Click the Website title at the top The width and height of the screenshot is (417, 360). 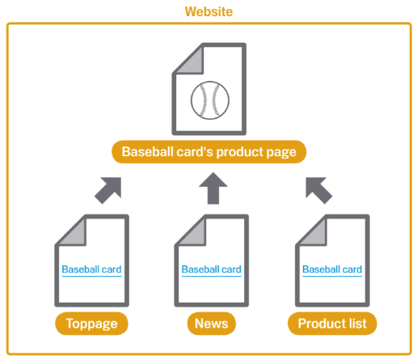point(208,11)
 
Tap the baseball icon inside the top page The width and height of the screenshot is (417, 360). point(210,100)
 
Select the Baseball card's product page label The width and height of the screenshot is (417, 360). point(209,152)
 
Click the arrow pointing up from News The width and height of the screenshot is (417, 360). point(213,188)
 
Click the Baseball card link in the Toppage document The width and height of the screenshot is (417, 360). point(91,269)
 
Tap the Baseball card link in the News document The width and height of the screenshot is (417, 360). point(212,269)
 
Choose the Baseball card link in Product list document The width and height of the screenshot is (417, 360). point(332,269)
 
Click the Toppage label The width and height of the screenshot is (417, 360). point(91,324)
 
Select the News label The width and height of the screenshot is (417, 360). point(212,324)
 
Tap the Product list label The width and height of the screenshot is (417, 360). point(332,324)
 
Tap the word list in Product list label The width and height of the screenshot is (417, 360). point(358,324)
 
